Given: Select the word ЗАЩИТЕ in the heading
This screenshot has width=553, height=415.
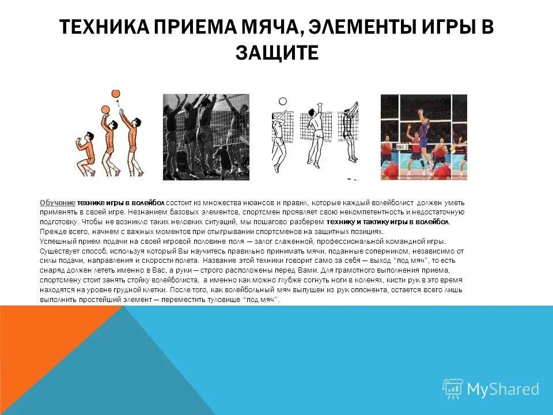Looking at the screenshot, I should pos(276,52).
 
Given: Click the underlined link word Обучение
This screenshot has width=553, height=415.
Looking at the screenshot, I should pos(58,203).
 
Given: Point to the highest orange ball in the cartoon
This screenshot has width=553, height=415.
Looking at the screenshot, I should pos(115,93).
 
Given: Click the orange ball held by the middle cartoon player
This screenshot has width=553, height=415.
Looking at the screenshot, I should pos(105,110).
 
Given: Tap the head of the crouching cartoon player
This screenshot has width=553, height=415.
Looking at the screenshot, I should pos(88,136).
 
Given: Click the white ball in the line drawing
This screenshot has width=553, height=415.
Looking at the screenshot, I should pos(282,101).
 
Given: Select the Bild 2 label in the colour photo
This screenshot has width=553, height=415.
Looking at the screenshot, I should pos(400,147).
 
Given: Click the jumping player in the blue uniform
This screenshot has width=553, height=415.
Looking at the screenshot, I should pos(426,138).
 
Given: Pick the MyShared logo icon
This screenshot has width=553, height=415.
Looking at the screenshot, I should pos(452,389).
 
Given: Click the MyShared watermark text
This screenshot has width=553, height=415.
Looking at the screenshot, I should pos(503,389).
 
